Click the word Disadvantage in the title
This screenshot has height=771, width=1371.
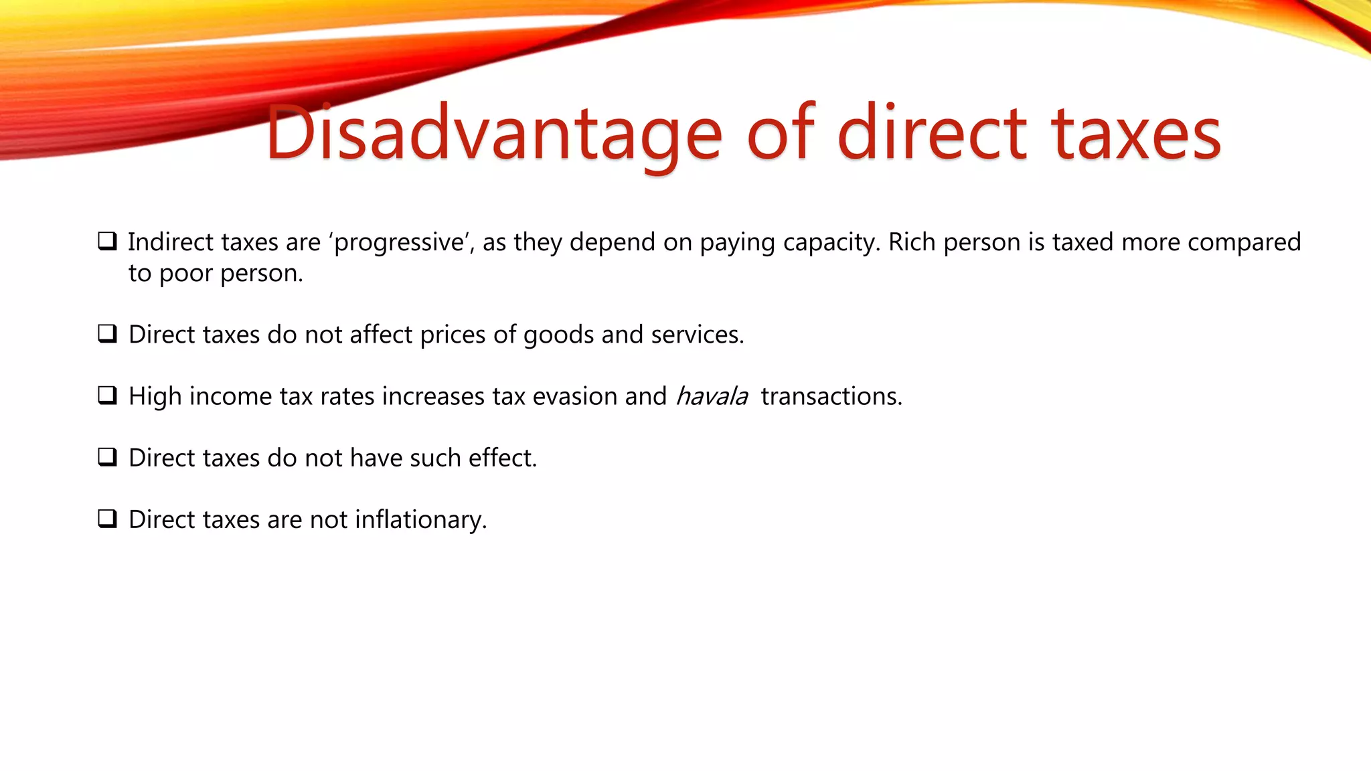point(494,134)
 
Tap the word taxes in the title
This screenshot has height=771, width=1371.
point(1136,134)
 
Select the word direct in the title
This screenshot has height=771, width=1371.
point(932,134)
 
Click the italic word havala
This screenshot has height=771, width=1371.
point(712,396)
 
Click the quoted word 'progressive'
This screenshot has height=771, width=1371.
point(399,242)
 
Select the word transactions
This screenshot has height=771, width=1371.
point(831,396)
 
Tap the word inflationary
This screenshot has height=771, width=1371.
point(420,520)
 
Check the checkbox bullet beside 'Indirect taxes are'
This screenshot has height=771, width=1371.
point(107,241)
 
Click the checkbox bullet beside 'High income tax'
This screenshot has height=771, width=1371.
point(107,396)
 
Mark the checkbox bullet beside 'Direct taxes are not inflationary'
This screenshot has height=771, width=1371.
point(107,519)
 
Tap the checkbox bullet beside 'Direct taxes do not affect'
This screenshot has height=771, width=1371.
point(107,333)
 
